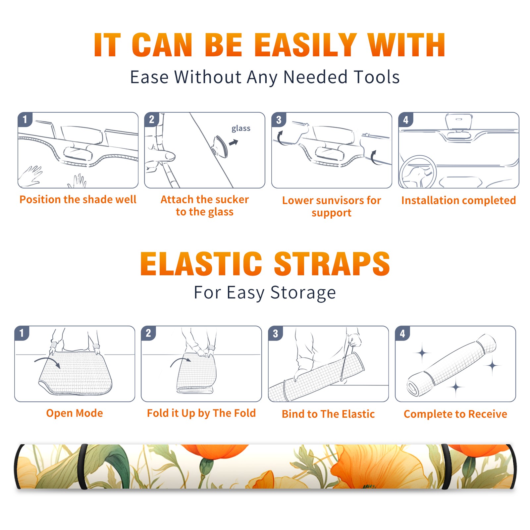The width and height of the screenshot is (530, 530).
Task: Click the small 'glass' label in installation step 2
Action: (241, 129)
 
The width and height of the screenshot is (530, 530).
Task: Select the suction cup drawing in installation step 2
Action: (220, 146)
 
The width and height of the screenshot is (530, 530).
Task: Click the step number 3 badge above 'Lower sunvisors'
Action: (278, 120)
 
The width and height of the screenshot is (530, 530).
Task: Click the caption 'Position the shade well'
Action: (78, 200)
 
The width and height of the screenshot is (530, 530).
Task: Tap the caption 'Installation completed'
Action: (458, 200)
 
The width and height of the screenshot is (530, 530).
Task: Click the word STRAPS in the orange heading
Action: (332, 264)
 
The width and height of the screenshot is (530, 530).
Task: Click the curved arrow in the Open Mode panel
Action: (47, 362)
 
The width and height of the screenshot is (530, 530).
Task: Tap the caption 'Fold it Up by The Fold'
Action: (201, 413)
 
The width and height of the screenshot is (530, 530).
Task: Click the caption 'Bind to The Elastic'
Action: (328, 414)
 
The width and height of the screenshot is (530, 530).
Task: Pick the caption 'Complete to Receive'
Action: (455, 414)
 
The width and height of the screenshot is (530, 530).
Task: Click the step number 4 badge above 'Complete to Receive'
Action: (402, 333)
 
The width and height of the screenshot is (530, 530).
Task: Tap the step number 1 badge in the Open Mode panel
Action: (22, 333)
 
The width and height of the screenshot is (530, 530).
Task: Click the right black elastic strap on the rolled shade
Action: (446, 467)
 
